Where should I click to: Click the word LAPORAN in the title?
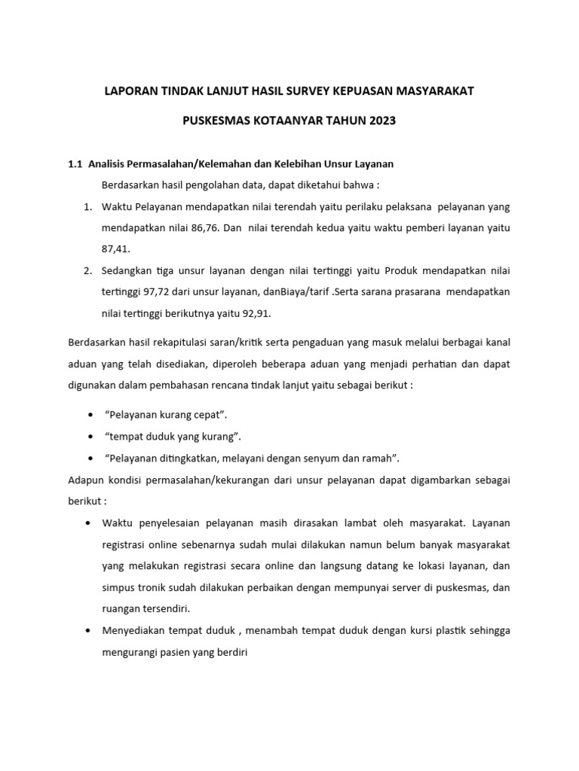pos(129,91)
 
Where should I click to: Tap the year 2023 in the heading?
pos(381,120)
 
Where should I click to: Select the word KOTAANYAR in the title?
pos(290,120)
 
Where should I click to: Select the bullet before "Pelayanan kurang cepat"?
pos(90,416)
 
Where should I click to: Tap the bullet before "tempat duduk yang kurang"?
pos(90,437)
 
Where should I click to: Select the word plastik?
pos(451,629)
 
